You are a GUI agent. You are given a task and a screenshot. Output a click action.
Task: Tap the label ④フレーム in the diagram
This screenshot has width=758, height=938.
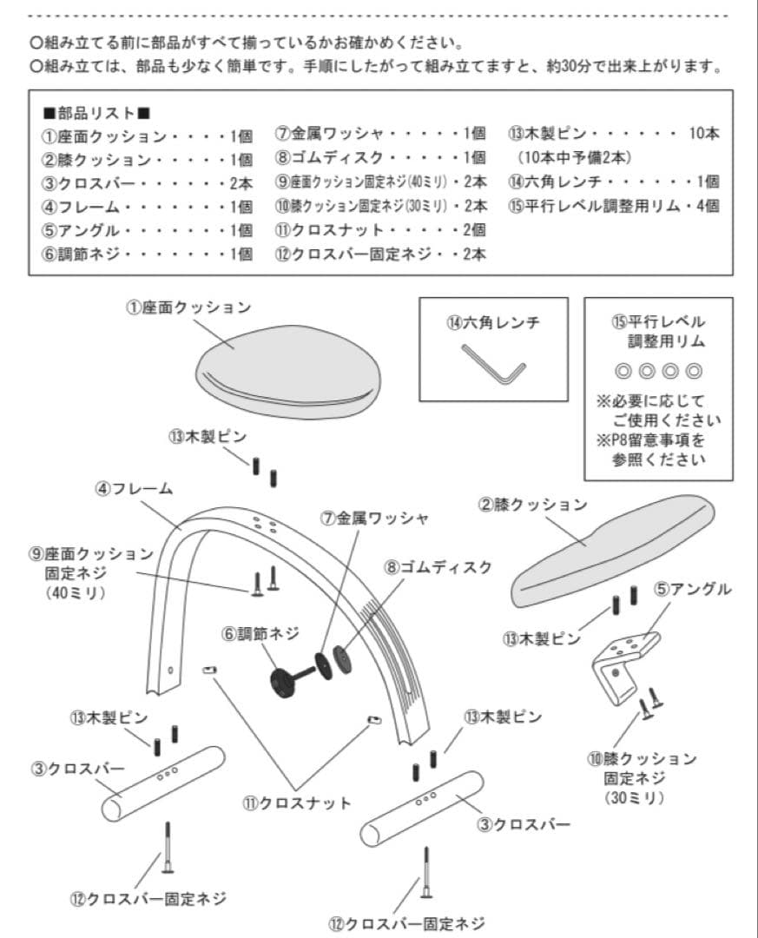click(134, 489)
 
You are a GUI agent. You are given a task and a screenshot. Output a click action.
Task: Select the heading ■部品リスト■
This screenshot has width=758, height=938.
click(96, 113)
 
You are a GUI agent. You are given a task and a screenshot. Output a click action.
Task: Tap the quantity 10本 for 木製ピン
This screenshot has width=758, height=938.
click(703, 135)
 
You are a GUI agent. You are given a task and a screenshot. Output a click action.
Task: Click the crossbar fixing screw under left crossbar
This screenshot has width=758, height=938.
click(168, 848)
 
